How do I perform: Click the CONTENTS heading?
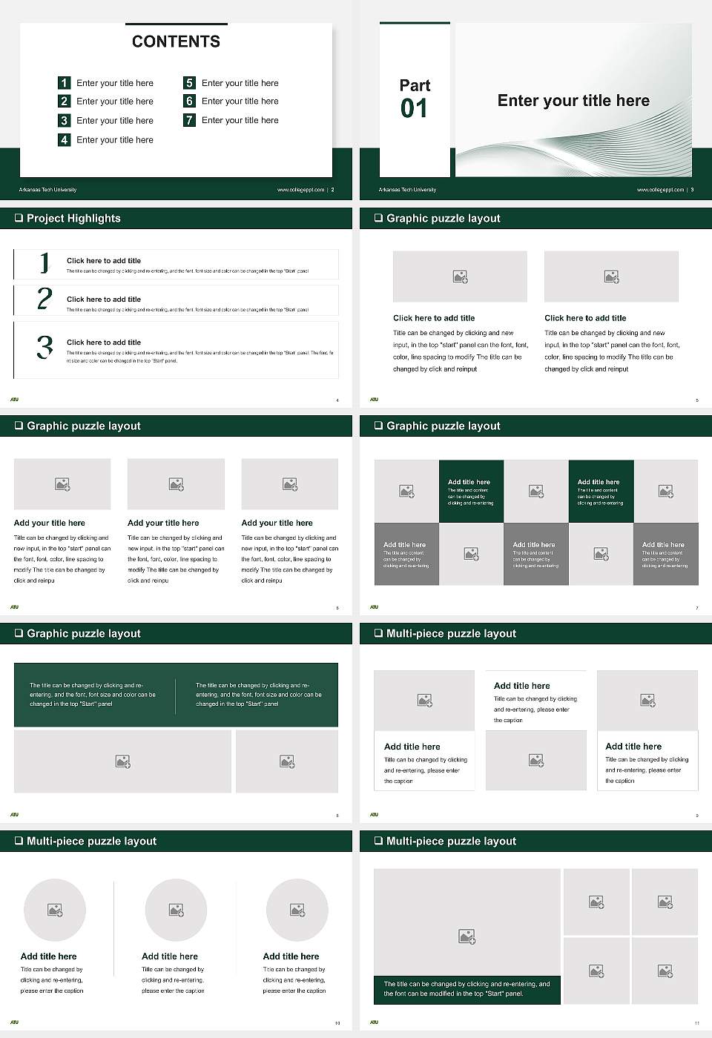(x=176, y=42)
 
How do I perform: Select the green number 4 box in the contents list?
(x=65, y=139)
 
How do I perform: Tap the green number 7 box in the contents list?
(x=190, y=120)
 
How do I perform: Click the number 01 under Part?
(x=414, y=109)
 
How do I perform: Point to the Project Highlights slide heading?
(x=73, y=218)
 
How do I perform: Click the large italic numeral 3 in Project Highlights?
(x=44, y=347)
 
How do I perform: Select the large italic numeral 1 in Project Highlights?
(x=44, y=262)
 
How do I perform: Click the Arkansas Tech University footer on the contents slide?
(x=47, y=190)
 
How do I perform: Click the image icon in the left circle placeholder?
(x=55, y=910)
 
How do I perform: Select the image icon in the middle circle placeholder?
(x=176, y=910)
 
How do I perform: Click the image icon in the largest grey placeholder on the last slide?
(x=467, y=936)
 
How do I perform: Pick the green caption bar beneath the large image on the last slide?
(x=467, y=989)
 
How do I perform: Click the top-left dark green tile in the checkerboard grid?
(x=471, y=492)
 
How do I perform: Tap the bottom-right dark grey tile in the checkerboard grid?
(x=665, y=554)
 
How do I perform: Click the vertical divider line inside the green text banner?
(x=176, y=695)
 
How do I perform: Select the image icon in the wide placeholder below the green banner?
(x=123, y=761)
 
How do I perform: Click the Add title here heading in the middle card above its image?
(x=521, y=686)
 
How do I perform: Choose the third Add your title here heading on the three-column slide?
(x=277, y=523)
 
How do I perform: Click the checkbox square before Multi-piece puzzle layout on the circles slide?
(x=19, y=841)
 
